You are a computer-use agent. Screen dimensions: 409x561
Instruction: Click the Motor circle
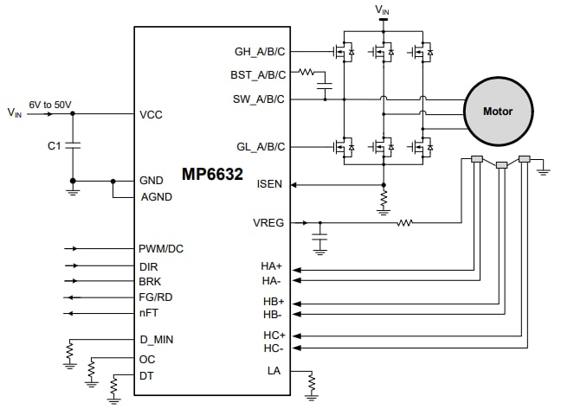point(497,111)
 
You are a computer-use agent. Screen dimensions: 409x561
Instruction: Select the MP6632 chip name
point(211,174)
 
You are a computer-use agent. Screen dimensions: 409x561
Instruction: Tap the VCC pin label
point(151,114)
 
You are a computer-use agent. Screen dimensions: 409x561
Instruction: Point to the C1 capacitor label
point(54,146)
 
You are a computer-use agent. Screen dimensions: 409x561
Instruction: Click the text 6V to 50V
point(49,104)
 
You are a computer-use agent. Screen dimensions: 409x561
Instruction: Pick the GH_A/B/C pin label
point(260,51)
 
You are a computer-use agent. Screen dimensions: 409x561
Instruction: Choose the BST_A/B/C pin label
point(258,74)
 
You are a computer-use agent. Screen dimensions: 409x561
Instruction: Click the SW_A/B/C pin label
point(259,99)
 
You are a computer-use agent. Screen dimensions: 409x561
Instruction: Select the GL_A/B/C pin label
point(260,145)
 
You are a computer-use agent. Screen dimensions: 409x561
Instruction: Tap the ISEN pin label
point(271,184)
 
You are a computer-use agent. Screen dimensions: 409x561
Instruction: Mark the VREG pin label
point(268,222)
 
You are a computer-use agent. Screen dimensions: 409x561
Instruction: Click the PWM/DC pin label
point(161,249)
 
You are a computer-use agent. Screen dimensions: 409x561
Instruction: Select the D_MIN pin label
point(156,340)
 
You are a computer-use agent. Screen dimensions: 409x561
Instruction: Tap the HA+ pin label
point(273,266)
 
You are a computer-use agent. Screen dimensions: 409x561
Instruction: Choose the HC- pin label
point(273,348)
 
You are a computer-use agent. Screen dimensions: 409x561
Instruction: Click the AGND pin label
point(156,196)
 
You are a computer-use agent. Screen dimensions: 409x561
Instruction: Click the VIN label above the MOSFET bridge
point(382,10)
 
